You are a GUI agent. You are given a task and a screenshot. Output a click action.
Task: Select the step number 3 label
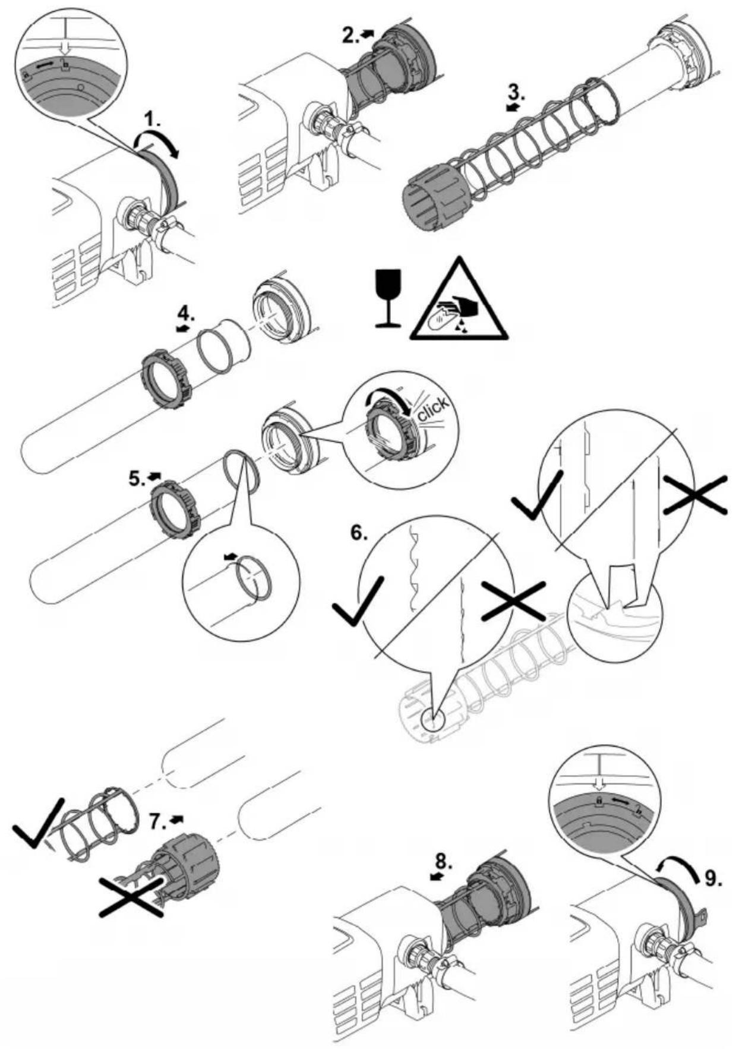coord(516,92)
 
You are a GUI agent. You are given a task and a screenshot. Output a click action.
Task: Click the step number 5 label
coord(137,478)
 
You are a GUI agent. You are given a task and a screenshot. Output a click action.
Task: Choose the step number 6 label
coord(358,533)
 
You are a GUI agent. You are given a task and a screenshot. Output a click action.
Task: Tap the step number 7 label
coord(157,822)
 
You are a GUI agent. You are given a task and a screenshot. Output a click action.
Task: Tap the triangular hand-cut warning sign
coord(459,300)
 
